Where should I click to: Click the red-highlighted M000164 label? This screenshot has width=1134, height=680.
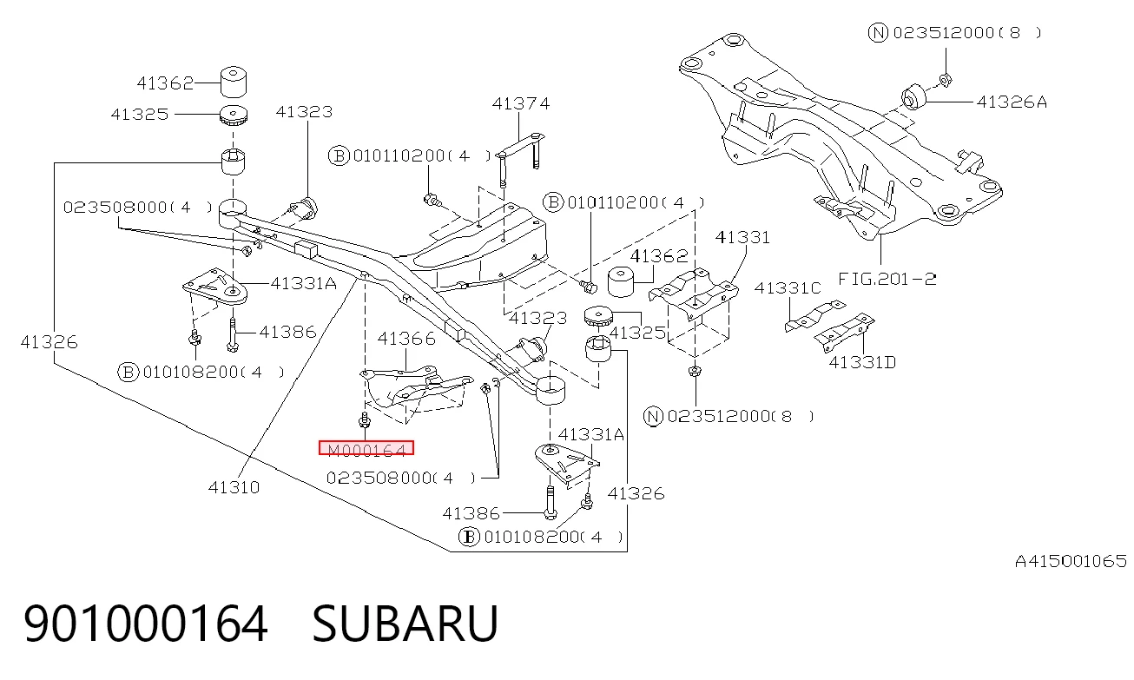pyautogui.click(x=366, y=448)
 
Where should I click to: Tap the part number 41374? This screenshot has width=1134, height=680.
pyautogui.click(x=520, y=104)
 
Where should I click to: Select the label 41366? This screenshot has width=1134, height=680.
pyautogui.click(x=406, y=338)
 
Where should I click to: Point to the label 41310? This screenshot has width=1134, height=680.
pyautogui.click(x=234, y=487)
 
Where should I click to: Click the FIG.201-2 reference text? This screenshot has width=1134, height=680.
pyautogui.click(x=887, y=279)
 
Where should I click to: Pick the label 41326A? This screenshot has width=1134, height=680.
pyautogui.click(x=1012, y=102)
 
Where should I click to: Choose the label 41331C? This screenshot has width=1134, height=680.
pyautogui.click(x=788, y=288)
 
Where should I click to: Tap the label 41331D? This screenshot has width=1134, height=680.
pyautogui.click(x=862, y=362)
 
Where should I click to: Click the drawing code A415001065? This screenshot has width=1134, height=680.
pyautogui.click(x=1071, y=561)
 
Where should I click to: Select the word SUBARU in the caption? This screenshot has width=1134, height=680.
pyautogui.click(x=405, y=624)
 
